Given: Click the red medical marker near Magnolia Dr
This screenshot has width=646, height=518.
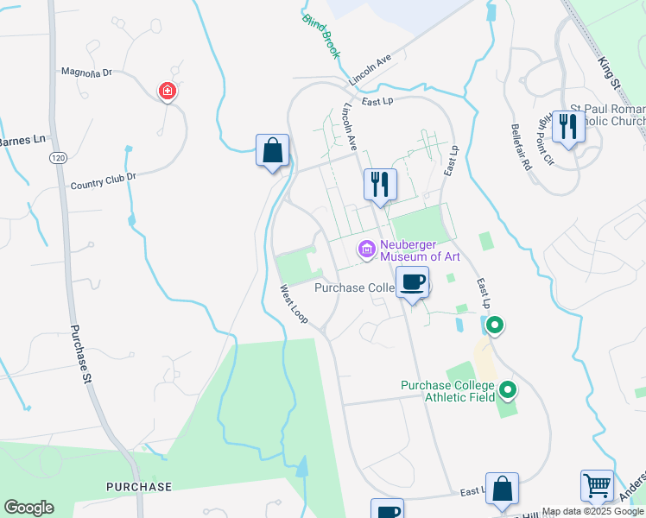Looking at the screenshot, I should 167,91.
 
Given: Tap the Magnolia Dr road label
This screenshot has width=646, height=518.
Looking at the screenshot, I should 86,73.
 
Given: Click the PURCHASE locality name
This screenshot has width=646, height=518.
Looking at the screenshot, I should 139,487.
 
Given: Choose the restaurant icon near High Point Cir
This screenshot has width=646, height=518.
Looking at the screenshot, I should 567,127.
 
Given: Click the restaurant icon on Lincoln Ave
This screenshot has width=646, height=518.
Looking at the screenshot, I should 379,184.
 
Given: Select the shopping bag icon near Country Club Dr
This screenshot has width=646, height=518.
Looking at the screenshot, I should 273,150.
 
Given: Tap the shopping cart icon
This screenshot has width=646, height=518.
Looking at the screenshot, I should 598,487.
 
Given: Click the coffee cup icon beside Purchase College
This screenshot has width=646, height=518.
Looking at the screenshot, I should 413,282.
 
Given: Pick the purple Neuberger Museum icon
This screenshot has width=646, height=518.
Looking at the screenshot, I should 366,250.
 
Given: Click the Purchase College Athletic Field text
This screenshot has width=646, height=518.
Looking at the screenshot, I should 446,391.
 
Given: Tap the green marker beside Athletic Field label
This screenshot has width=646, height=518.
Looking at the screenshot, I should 508,391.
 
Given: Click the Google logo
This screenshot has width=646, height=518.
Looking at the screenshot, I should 28,508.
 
